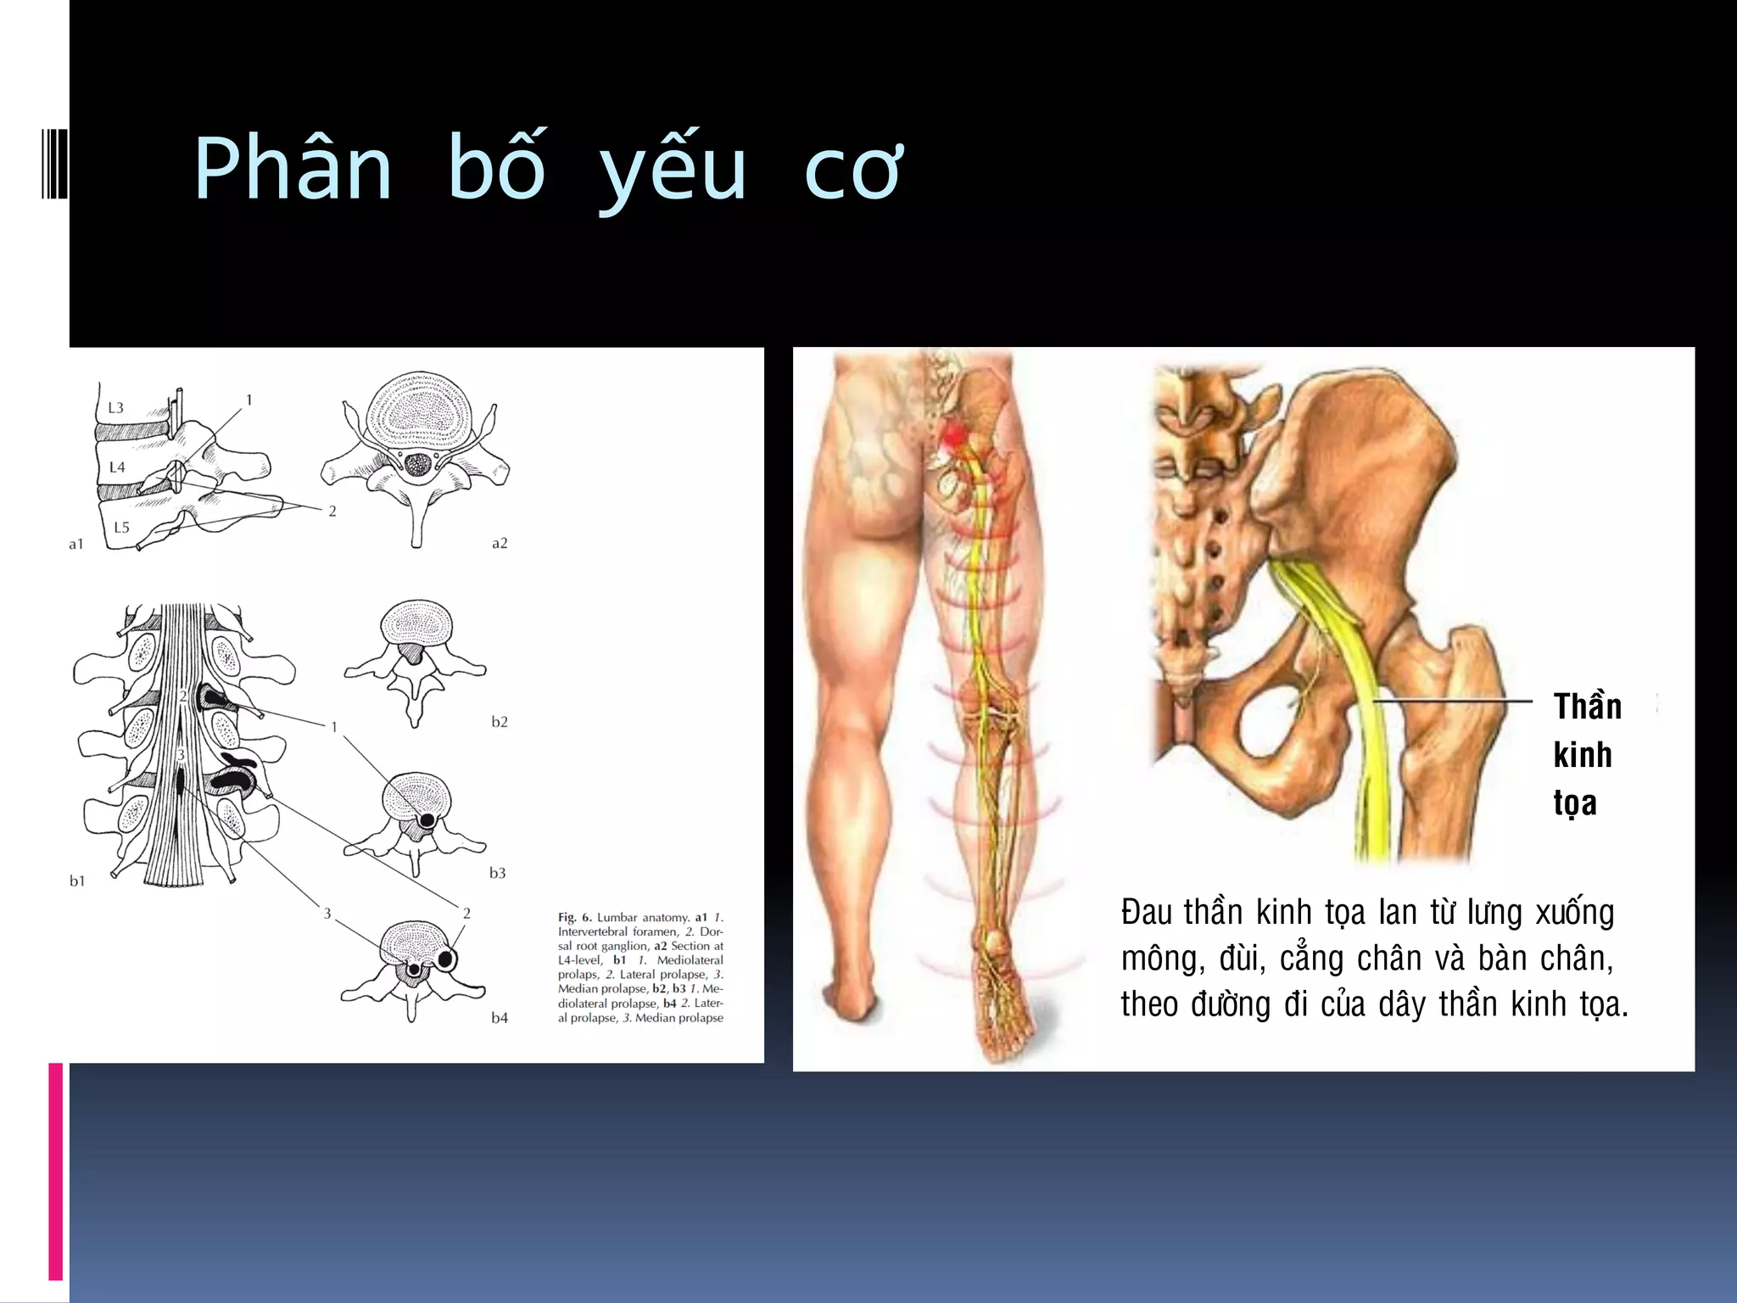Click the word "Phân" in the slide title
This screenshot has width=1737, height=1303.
click(x=293, y=170)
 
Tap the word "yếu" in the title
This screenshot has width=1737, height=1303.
click(x=672, y=170)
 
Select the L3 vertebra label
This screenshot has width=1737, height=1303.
click(x=115, y=408)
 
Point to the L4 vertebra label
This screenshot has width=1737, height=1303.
click(x=117, y=467)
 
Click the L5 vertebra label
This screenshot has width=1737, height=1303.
click(x=121, y=528)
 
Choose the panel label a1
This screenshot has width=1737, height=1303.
click(x=76, y=545)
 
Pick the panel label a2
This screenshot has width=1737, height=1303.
click(x=500, y=543)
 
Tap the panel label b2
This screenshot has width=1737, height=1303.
click(x=500, y=722)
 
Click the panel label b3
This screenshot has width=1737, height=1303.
click(x=498, y=873)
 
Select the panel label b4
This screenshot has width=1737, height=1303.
click(x=500, y=1018)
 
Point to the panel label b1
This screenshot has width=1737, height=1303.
click(x=77, y=881)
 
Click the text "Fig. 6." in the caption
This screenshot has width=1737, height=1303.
click(x=575, y=917)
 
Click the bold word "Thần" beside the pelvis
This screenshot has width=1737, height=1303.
click(x=1587, y=707)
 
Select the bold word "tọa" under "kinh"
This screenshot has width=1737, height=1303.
click(x=1575, y=802)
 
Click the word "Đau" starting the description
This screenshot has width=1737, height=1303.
click(x=1147, y=913)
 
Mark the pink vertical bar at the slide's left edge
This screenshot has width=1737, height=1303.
click(x=56, y=1171)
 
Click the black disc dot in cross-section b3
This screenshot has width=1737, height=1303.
click(x=427, y=820)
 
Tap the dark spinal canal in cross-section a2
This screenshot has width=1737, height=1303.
click(x=417, y=464)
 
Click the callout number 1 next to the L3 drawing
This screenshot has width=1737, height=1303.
click(x=249, y=400)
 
